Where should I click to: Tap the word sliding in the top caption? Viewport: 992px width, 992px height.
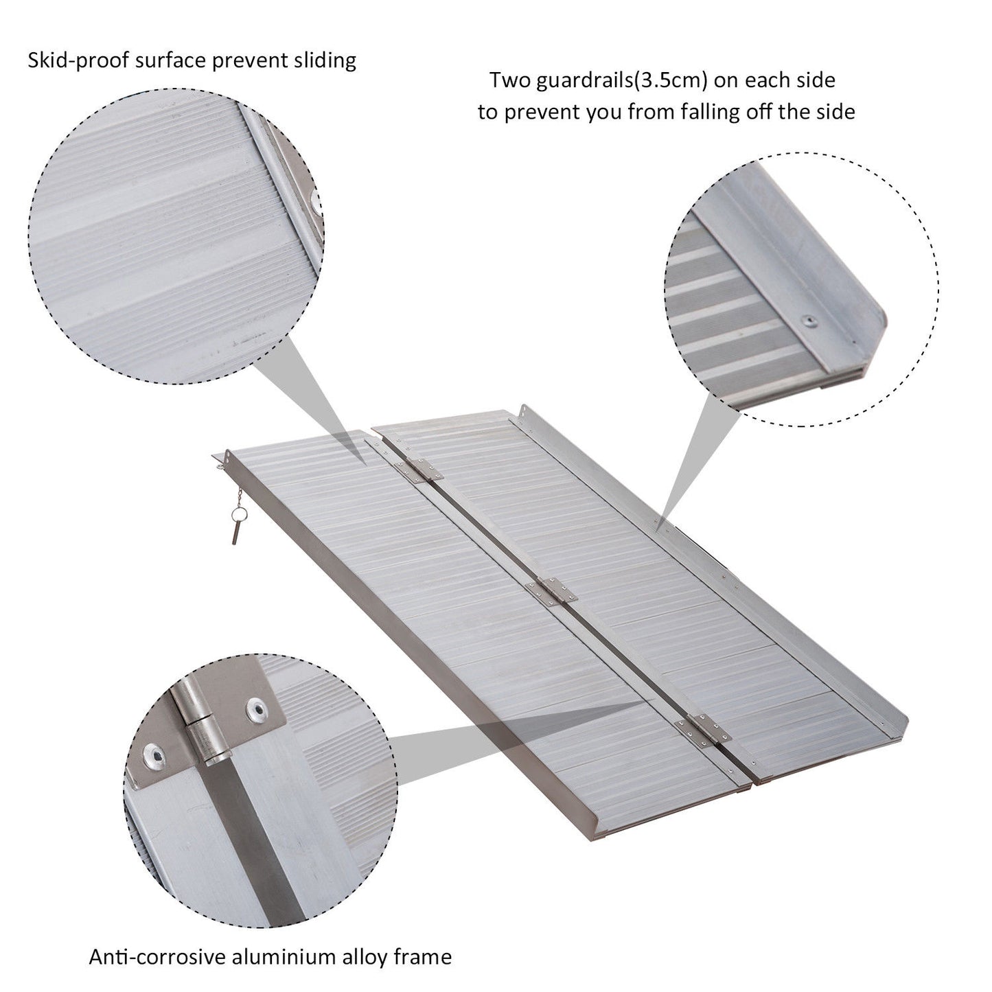point(321,60)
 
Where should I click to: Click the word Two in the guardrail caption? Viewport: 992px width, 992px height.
point(510,80)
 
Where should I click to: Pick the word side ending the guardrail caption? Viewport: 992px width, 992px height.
point(835,111)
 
